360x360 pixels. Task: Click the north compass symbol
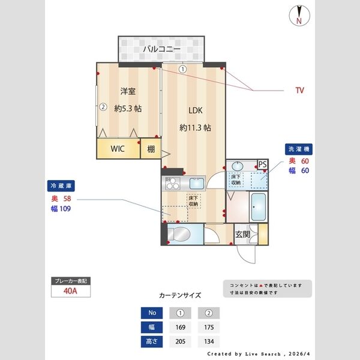pyautogui.click(x=298, y=15)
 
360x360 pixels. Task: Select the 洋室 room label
pyautogui.click(x=127, y=91)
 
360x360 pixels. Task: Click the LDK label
pyautogui.click(x=195, y=110)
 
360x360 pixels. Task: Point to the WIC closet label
pyautogui.click(x=117, y=150)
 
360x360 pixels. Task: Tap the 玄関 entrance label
pyautogui.click(x=242, y=234)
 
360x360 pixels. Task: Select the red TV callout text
pyautogui.click(x=299, y=91)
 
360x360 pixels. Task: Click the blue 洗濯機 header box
pyautogui.click(x=299, y=149)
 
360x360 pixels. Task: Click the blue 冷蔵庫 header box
pyautogui.click(x=61, y=186)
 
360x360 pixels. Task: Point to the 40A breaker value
pyautogui.click(x=71, y=292)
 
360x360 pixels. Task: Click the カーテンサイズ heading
pyautogui.click(x=180, y=296)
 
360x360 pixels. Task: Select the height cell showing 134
pyautogui.click(x=209, y=342)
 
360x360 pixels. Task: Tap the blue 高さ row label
pyautogui.click(x=151, y=342)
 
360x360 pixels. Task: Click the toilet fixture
pyautogui.click(x=181, y=233)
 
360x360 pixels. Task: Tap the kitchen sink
pyautogui.click(x=196, y=184)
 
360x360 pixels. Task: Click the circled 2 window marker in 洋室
pyautogui.click(x=103, y=108)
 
